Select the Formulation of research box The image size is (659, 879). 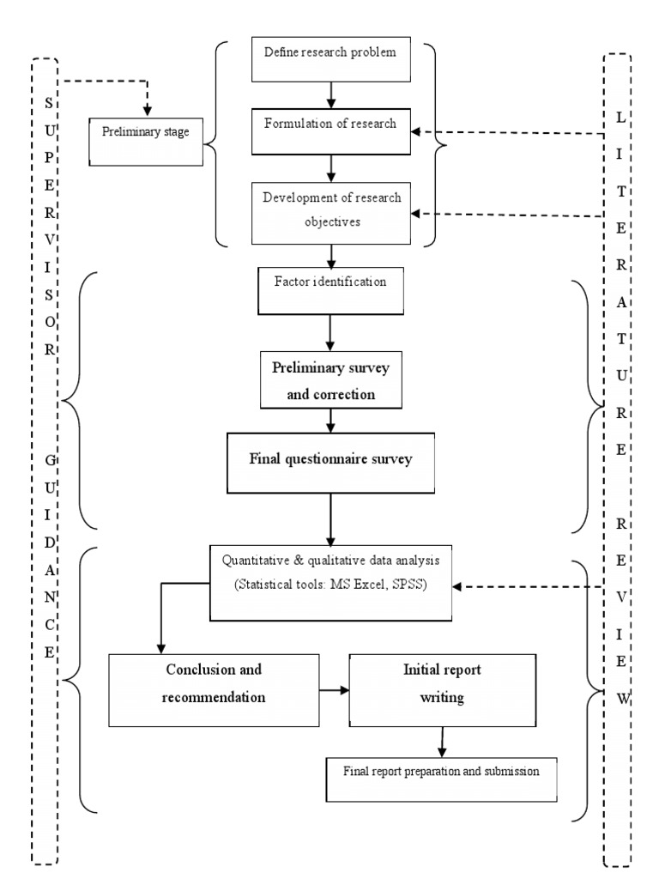tap(330, 129)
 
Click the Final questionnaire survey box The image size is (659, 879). tap(330, 460)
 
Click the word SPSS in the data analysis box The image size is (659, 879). tap(420, 586)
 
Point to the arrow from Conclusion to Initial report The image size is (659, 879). tap(332, 688)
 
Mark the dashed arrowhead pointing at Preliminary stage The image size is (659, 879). tap(147, 111)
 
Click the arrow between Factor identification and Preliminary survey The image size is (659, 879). tap(329, 330)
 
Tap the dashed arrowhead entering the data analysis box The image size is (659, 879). tap(456, 588)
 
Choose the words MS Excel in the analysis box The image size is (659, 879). tap(370, 586)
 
